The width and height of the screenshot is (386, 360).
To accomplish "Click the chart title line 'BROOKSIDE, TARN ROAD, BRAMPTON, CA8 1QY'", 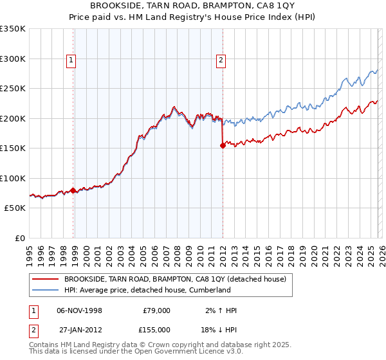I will click(x=192, y=6).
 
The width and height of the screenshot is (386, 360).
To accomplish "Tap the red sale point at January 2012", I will click(x=223, y=145).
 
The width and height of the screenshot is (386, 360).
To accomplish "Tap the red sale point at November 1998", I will click(x=73, y=190).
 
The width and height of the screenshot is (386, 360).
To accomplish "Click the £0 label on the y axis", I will click(x=19, y=238).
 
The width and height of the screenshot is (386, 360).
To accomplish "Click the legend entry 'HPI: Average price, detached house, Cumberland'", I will click(x=147, y=290).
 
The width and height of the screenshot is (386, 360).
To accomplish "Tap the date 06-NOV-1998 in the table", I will click(x=79, y=310).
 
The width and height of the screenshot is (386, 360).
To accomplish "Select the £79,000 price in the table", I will click(x=156, y=310).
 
